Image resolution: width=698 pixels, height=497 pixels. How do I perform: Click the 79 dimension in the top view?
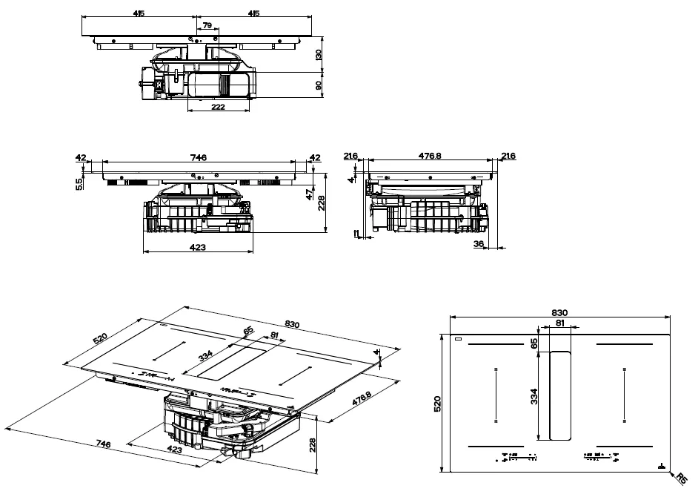pos(207,25)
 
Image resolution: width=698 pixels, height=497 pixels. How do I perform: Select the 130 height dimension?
pos(319,55)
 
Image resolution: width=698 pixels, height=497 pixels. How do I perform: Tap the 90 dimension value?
pos(319,85)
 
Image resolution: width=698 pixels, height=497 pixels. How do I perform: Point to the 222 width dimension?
pos(218,107)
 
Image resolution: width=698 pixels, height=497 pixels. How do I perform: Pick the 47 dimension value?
pos(309,195)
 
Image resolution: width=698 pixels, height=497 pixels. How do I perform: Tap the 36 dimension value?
pos(478,243)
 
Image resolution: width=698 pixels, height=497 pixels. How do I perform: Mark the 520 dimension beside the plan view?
pos(436,404)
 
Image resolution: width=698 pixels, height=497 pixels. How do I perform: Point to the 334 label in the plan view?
pos(533,396)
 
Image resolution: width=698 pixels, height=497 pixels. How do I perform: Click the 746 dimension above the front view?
pos(198,157)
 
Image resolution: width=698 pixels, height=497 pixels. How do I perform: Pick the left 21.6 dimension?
pos(351,155)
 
